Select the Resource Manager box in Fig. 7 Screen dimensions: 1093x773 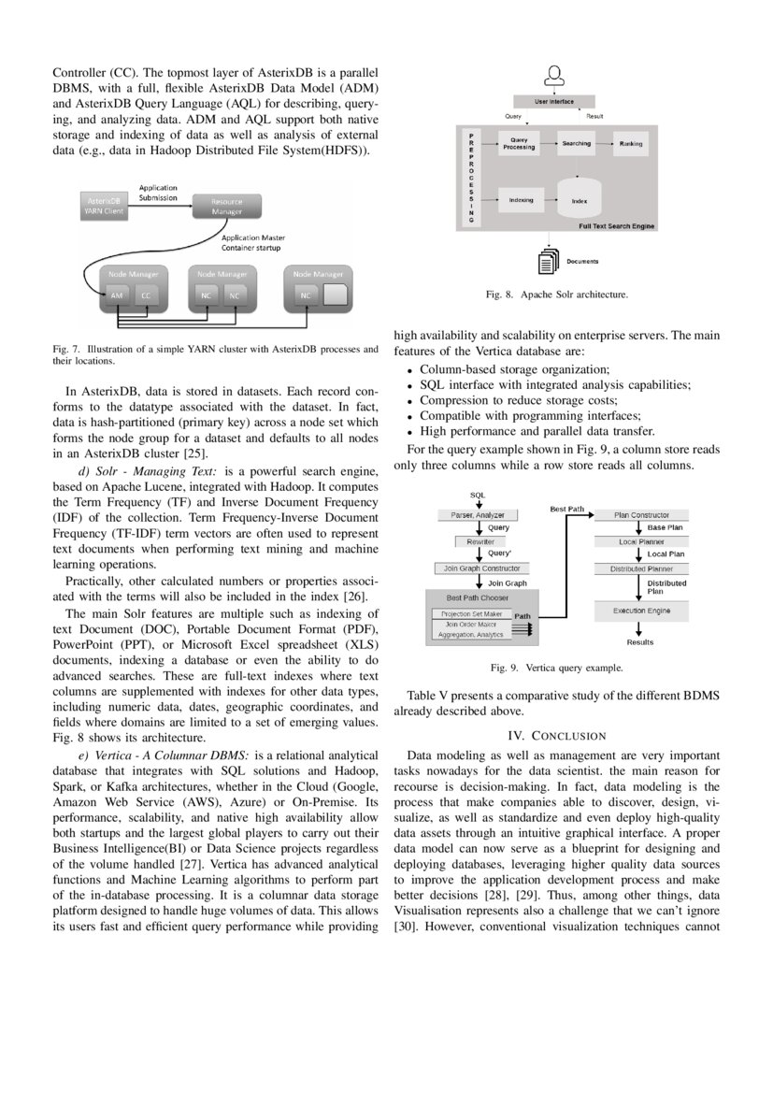pyautogui.click(x=227, y=206)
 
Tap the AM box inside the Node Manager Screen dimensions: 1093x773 pyautogui.click(x=118, y=295)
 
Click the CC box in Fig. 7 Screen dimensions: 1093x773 pyautogui.click(x=145, y=295)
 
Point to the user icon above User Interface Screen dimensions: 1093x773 pyautogui.click(x=554, y=75)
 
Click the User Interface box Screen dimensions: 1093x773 pyautogui.click(x=554, y=101)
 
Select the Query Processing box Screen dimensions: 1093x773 pyautogui.click(x=519, y=144)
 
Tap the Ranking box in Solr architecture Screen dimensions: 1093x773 pyautogui.click(x=630, y=144)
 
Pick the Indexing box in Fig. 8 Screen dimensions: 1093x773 pyautogui.click(x=521, y=200)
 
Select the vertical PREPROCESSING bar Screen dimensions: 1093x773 pyautogui.click(x=471, y=178)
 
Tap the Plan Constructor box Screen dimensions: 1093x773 pyautogui.click(x=641, y=515)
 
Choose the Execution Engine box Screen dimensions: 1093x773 pyautogui.click(x=641, y=611)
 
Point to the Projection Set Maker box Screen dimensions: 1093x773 pyautogui.click(x=471, y=614)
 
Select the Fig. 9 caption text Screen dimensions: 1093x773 pyautogui.click(x=556, y=669)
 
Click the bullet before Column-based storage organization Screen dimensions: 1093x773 pyautogui.click(x=409, y=370)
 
